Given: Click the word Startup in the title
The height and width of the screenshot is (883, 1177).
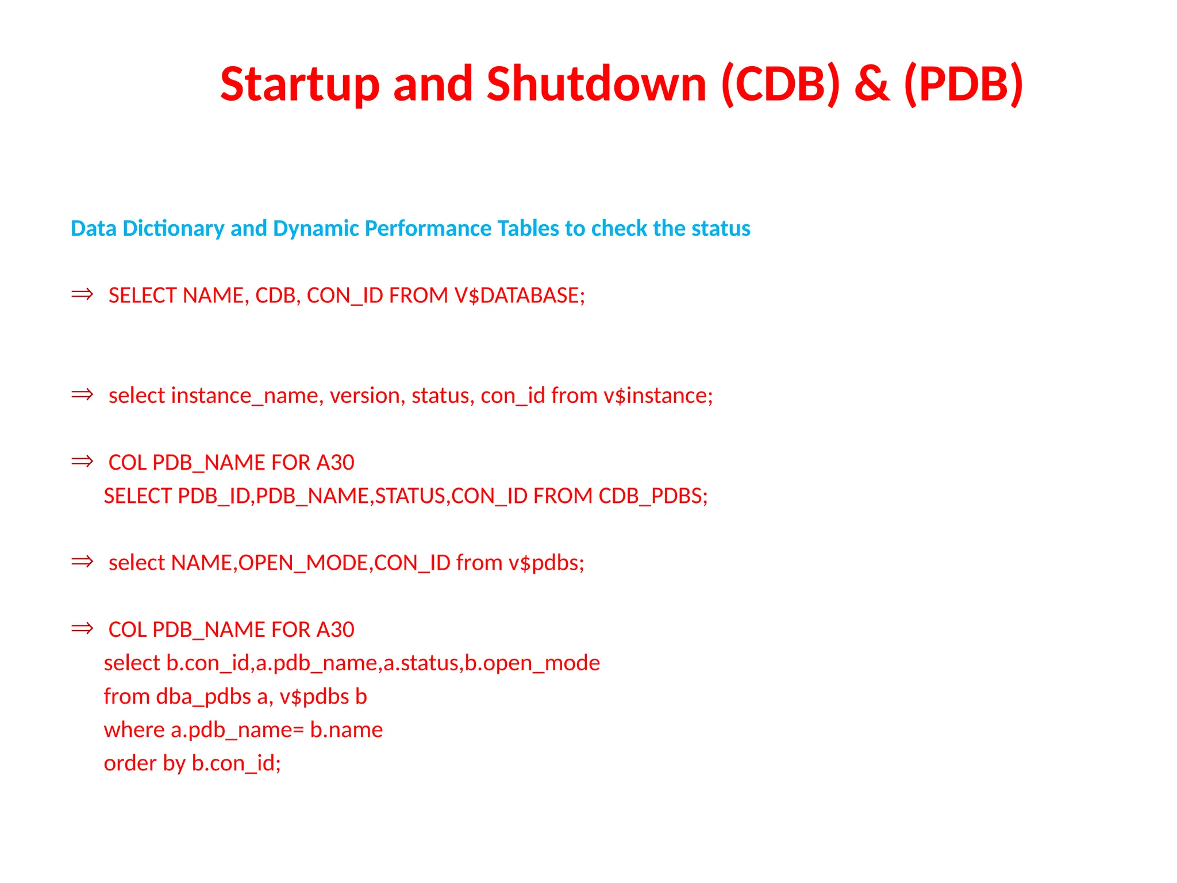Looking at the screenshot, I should [299, 85].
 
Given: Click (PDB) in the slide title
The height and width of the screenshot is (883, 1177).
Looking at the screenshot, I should [963, 85].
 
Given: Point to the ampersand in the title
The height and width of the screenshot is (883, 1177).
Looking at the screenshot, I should [872, 85].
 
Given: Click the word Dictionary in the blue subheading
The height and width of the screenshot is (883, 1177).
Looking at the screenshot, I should [173, 229].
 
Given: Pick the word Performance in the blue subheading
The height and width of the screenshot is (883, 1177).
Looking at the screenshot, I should [428, 229].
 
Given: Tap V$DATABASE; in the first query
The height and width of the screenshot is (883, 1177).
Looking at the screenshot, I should [519, 295].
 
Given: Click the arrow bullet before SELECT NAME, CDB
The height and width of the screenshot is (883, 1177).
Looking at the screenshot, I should [82, 294].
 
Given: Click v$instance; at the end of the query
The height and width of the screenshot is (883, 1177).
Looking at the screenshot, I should [657, 396].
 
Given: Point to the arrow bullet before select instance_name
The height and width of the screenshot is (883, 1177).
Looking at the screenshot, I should [82, 394].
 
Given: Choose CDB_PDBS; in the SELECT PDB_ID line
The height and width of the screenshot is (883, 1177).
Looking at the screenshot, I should [653, 496].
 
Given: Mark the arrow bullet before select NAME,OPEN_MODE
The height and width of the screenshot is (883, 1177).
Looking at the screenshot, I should [82, 562].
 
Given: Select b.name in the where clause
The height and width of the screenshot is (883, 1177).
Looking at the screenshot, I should [346, 730].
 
